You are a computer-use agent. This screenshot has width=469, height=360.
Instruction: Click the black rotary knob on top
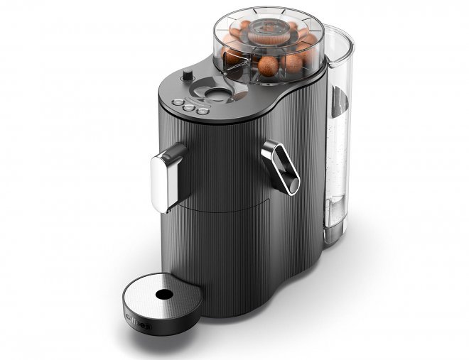pyautogui.click(x=187, y=75)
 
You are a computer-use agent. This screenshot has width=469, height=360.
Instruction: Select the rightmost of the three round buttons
pyautogui.click(x=203, y=110)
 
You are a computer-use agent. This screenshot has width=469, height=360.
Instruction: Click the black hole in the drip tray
pyautogui.click(x=164, y=293)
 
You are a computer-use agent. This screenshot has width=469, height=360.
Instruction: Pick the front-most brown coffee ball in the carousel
pyautogui.click(x=269, y=67)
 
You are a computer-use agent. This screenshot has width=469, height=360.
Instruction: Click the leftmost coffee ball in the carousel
pyautogui.click(x=232, y=55)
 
